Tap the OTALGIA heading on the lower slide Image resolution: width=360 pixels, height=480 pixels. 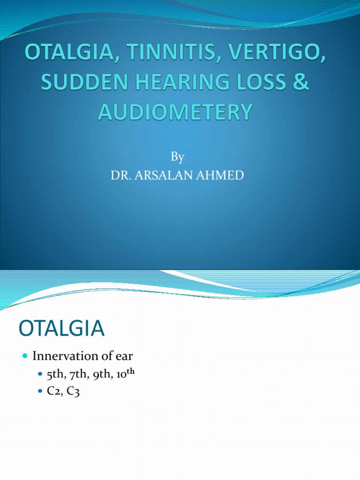point(62,328)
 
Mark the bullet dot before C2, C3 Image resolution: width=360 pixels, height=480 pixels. point(40,391)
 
